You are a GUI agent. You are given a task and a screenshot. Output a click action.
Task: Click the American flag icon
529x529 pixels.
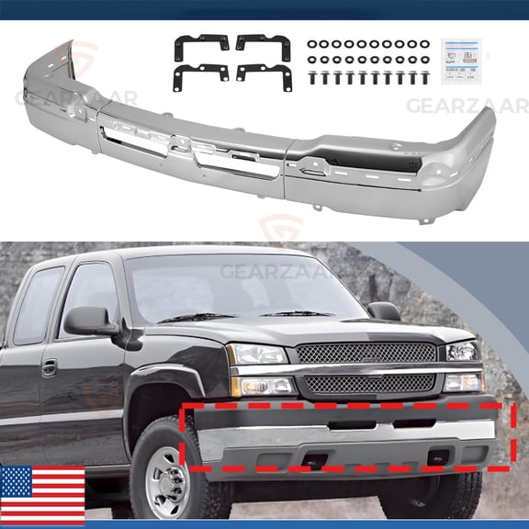click(42, 495)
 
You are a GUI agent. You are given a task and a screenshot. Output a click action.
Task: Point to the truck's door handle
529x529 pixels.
click(49, 366)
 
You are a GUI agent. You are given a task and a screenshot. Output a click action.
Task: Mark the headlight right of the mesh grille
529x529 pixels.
click(462, 352)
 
